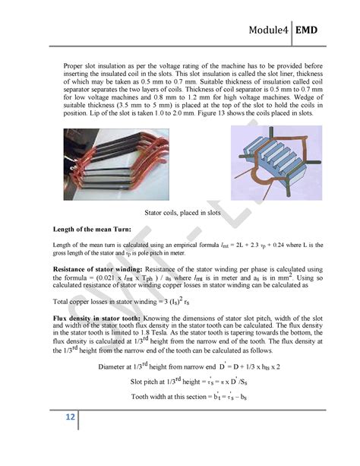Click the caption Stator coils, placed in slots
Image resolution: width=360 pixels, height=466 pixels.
point(182,213)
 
